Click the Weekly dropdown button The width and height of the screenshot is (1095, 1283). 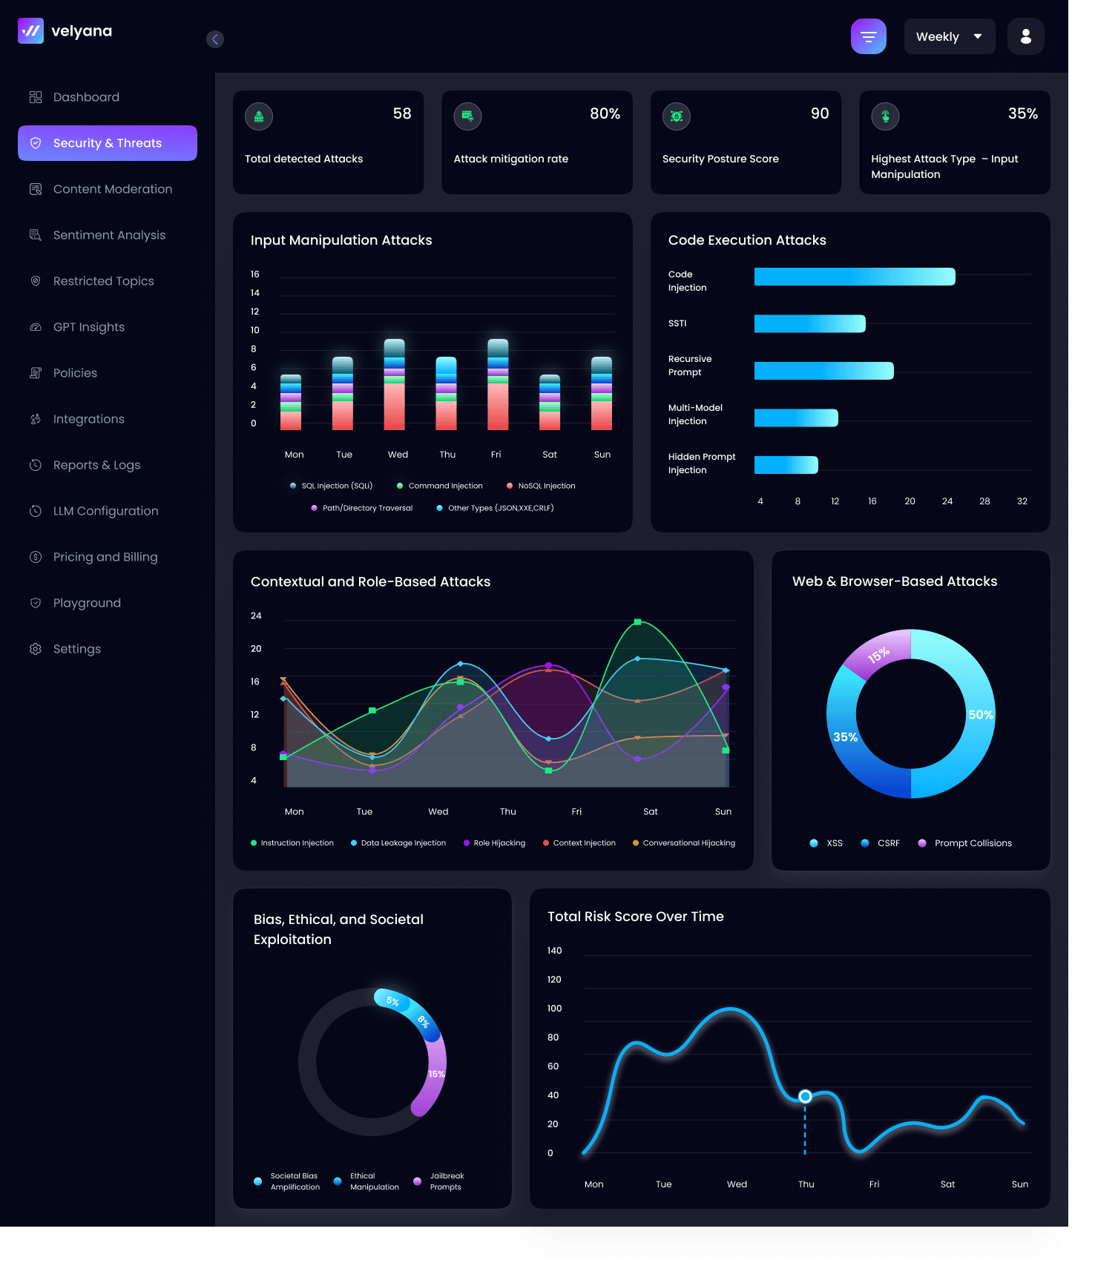pos(950,36)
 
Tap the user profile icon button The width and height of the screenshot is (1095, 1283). pos(1026,36)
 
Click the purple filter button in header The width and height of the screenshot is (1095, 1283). pos(869,36)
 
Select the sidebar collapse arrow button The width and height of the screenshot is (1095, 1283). pos(215,39)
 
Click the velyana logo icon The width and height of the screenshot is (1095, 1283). pos(31,31)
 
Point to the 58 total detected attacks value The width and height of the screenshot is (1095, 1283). pos(402,113)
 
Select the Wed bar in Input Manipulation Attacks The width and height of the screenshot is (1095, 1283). pos(395,384)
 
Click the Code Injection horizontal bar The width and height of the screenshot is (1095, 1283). pos(855,277)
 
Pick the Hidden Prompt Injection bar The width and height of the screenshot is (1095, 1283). pos(786,465)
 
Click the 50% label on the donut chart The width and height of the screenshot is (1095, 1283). pos(981,715)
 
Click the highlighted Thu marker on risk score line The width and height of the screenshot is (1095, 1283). pos(805,1096)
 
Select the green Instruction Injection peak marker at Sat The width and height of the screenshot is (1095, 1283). pos(637,622)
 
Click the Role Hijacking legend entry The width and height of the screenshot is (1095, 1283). pos(494,843)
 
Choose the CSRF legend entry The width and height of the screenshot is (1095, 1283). pos(881,843)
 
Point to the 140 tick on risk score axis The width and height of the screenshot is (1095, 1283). pos(555,951)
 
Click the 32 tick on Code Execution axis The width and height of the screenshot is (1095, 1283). pos(1022,501)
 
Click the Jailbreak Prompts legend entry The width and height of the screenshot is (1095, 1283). pos(439,1181)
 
